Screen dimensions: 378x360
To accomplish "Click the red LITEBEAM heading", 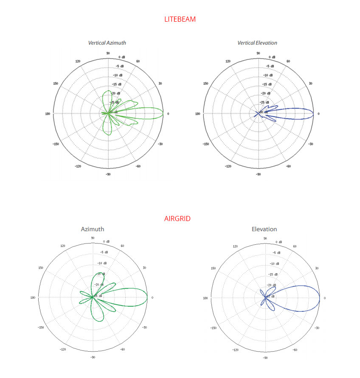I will coord(180,19).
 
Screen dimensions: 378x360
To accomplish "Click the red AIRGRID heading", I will coord(177,219).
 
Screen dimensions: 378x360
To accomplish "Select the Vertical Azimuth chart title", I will coord(107,43).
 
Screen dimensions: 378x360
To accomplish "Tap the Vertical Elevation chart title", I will coord(257,43).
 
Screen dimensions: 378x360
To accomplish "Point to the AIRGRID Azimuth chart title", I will coord(93,229).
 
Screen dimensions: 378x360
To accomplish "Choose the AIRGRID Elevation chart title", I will coord(264,229).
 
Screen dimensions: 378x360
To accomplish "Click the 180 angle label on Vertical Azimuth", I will coord(48,114).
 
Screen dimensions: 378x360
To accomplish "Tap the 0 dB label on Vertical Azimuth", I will coord(122,57).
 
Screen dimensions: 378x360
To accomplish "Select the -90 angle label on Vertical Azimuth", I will coord(108,174).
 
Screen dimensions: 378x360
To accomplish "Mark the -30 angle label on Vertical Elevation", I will coord(310,144).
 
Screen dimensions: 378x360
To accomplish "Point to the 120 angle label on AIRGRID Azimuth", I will coord(63,246).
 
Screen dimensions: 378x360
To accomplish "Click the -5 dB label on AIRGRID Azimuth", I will coord(104,252).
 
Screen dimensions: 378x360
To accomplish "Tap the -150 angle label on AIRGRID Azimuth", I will coord(41,328).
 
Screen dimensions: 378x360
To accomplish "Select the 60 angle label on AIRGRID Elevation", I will coord(295,246).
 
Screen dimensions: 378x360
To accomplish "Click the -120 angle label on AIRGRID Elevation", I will coord(235,350).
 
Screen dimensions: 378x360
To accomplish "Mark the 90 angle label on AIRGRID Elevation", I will coord(265,238).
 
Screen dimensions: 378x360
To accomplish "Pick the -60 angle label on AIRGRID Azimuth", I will coord(123,350).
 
